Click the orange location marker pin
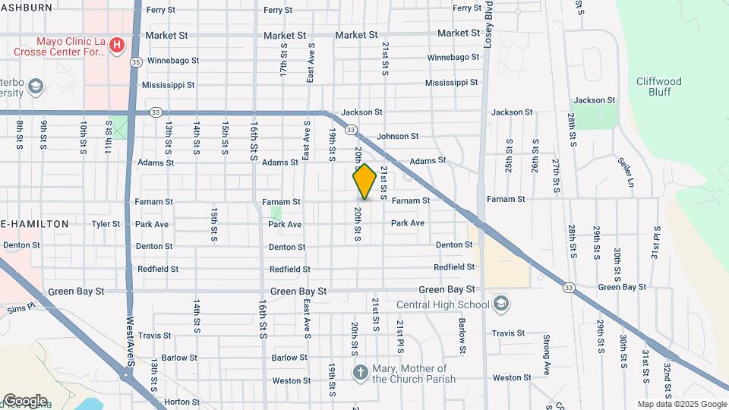(x=364, y=181)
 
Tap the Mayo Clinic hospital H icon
(x=117, y=46)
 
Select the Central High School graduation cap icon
(x=500, y=305)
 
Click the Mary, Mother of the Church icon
(x=361, y=373)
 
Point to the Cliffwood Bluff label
(x=658, y=87)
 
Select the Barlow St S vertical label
(x=462, y=335)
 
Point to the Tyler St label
(x=106, y=224)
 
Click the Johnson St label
(x=398, y=137)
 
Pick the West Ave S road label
(x=130, y=340)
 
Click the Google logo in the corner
(x=25, y=401)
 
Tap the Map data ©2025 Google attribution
(x=680, y=404)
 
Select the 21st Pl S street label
(x=400, y=328)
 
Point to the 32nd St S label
(x=667, y=379)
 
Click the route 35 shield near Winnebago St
(x=136, y=61)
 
